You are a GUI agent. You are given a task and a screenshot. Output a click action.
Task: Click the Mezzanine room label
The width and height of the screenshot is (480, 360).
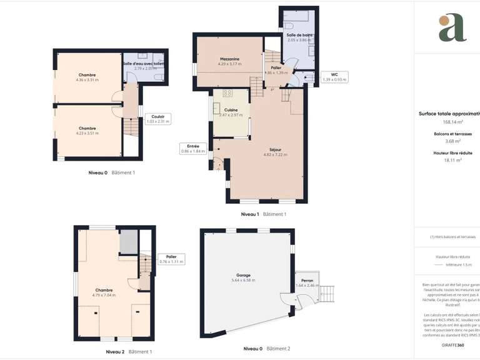229,61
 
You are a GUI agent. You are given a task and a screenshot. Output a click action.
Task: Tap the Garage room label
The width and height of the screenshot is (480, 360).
243,277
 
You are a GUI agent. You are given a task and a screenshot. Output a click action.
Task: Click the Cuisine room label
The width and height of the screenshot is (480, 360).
231,112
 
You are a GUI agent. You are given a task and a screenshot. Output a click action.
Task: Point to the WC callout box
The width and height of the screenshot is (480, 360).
334,77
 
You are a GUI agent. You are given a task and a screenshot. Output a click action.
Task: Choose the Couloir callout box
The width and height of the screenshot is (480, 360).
157,119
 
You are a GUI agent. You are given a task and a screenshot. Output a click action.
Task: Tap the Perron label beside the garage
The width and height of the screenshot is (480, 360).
307,283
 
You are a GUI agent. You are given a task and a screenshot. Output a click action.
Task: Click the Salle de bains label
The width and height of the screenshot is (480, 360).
299,37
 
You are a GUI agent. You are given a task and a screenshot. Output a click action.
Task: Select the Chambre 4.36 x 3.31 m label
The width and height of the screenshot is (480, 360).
87,77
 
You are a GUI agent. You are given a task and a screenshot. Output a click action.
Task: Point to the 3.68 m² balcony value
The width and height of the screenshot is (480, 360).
445,141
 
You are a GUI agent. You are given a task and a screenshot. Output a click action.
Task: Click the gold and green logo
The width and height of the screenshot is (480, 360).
452,27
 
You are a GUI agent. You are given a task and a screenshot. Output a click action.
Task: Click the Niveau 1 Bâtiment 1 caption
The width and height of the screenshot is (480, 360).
263,214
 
